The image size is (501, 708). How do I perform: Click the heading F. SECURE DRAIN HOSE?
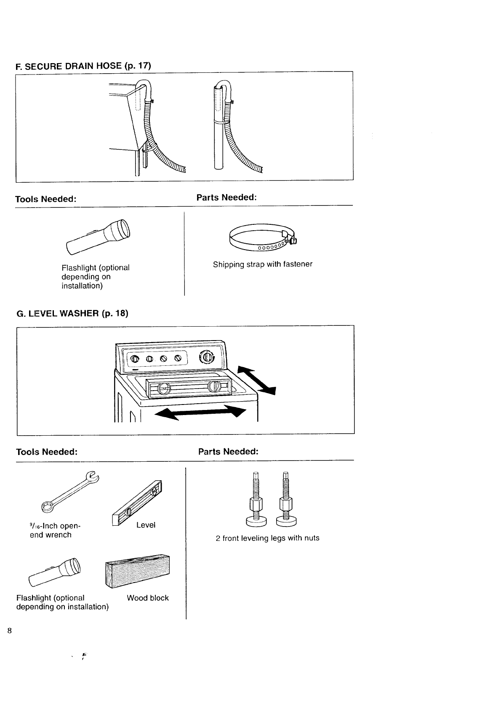tap(83, 66)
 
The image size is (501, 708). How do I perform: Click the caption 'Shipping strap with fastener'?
tap(262, 264)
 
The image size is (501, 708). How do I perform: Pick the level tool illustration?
tap(137, 504)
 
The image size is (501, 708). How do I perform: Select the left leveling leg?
tap(256, 501)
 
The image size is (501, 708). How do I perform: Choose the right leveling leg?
tap(285, 501)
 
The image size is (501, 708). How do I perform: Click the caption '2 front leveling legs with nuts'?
tap(267, 538)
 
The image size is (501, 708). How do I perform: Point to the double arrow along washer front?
tap(200, 413)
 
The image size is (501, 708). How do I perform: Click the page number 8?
tap(10, 631)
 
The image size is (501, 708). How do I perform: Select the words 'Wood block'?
tap(148, 598)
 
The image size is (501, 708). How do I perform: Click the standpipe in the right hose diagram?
tap(218, 139)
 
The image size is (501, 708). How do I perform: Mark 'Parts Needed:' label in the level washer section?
tap(228, 451)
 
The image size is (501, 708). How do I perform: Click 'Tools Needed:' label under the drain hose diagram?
tap(45, 199)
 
